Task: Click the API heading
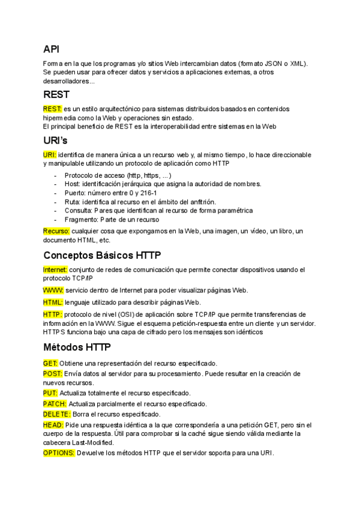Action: click(51, 49)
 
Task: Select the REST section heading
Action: click(56, 94)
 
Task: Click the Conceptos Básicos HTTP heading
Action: click(102, 255)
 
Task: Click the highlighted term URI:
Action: click(50, 155)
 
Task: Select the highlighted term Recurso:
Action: click(56, 231)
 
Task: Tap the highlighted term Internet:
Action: click(55, 270)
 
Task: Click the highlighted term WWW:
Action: click(53, 290)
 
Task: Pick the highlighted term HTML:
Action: click(53, 302)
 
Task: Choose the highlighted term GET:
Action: click(50, 363)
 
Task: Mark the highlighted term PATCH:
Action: click(55, 404)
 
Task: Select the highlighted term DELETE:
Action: click(57, 414)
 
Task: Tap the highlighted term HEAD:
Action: click(53, 424)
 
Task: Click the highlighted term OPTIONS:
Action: click(59, 453)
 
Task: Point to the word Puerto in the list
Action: click(74, 193)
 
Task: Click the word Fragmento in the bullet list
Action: click(79, 219)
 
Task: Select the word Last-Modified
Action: click(88, 442)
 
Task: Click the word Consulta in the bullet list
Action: click(77, 210)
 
